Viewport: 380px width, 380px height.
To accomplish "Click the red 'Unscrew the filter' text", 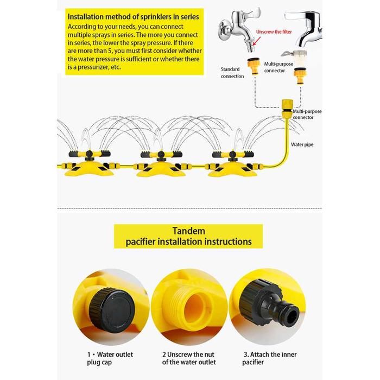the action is pyautogui.click(x=274, y=31).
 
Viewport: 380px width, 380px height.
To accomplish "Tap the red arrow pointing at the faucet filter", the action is pyautogui.click(x=257, y=41).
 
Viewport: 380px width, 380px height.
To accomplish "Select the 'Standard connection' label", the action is pyautogui.click(x=232, y=72).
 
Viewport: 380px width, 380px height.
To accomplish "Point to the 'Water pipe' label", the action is pyautogui.click(x=302, y=144).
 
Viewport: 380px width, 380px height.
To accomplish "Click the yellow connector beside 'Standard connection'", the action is pyautogui.click(x=254, y=66).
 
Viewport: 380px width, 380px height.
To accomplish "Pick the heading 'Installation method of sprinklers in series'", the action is pyautogui.click(x=134, y=17).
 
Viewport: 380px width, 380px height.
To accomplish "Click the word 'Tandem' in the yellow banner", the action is pyautogui.click(x=189, y=231).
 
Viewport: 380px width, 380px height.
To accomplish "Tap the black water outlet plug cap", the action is pyautogui.click(x=111, y=310).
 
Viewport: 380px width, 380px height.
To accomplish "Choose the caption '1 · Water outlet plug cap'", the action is pyautogui.click(x=110, y=358).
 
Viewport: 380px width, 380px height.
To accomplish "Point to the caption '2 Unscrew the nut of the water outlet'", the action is pyautogui.click(x=189, y=358).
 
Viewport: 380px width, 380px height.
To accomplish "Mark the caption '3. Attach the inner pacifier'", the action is pyautogui.click(x=269, y=358).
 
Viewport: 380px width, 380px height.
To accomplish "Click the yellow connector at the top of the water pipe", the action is pyautogui.click(x=287, y=109).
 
